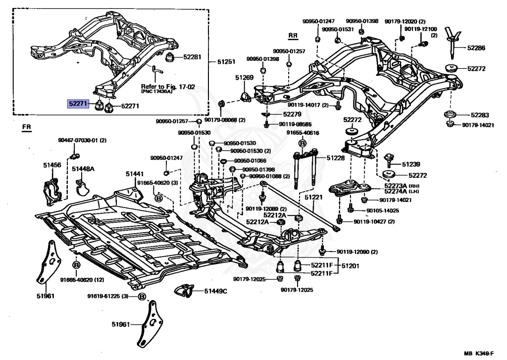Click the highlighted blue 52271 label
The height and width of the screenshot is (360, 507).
tap(78, 103)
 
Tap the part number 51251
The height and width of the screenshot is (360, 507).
tap(226, 61)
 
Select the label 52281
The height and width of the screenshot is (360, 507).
tap(192, 57)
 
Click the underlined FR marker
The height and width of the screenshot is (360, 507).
tap(27, 127)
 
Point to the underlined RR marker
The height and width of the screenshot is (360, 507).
tap(293, 36)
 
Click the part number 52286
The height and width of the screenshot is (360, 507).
tap(476, 48)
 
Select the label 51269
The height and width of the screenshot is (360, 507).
tap(244, 78)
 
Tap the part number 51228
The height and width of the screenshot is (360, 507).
tap(336, 158)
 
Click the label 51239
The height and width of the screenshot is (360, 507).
tap(411, 164)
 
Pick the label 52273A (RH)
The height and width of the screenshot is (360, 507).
tap(400, 186)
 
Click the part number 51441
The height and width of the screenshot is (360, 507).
tap(135, 174)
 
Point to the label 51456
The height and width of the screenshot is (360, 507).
tap(52, 165)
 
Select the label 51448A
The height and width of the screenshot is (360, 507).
tap(83, 168)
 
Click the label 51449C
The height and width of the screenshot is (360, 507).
tap(216, 291)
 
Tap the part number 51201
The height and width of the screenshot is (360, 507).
tap(350, 266)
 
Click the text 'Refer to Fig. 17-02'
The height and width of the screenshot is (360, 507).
tap(168, 87)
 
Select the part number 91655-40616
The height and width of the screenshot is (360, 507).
tap(303, 133)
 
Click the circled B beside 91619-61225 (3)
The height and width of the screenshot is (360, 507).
tap(142, 296)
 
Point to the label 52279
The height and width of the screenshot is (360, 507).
tap(292, 114)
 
